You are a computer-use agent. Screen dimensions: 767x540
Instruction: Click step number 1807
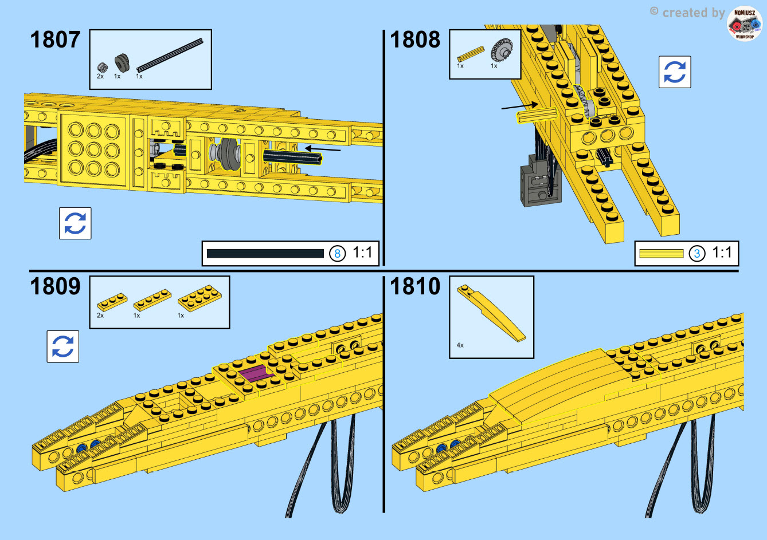[x=55, y=40]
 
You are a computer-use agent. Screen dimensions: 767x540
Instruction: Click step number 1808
[x=415, y=40]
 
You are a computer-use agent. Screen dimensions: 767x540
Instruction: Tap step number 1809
[x=55, y=286]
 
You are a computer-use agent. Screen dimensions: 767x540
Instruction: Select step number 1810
[x=415, y=286]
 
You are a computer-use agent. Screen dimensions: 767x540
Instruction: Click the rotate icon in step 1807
[x=75, y=223]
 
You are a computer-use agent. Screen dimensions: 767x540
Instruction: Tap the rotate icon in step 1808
[x=675, y=72]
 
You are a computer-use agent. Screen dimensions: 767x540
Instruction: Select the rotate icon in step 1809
[x=63, y=346]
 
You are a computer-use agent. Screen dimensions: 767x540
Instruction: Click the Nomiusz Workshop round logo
[x=745, y=23]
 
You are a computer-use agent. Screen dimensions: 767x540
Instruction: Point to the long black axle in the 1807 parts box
[x=170, y=55]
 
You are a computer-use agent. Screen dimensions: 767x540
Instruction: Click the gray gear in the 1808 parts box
[x=502, y=50]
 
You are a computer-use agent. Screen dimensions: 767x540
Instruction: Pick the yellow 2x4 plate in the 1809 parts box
[x=199, y=298]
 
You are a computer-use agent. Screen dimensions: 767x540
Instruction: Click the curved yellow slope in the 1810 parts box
[x=491, y=313]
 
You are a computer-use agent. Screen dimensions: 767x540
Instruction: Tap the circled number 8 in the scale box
[x=337, y=254]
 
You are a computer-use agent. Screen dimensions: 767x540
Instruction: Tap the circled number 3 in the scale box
[x=697, y=254]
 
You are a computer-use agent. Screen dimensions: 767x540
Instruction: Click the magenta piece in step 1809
[x=255, y=373]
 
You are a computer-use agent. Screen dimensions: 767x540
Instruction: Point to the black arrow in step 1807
[x=323, y=149]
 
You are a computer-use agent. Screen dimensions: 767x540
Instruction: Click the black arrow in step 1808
[x=520, y=105]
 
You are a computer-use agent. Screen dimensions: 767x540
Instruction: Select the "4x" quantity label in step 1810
[x=460, y=345]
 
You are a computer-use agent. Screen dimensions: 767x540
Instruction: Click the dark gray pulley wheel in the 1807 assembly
[x=229, y=154]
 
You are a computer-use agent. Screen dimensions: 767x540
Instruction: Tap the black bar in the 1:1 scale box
[x=265, y=254]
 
